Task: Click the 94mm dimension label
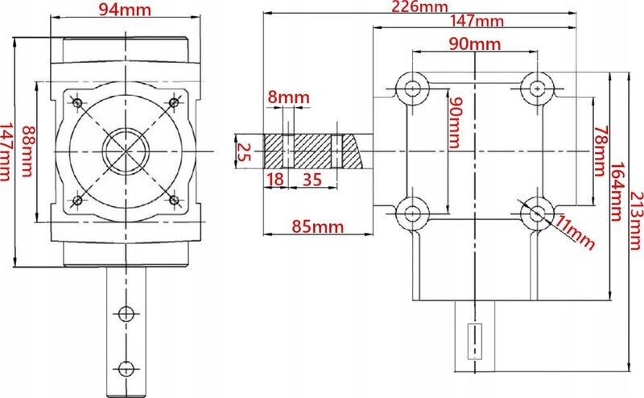(x=125, y=10)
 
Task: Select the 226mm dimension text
(x=419, y=6)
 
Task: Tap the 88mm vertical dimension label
(x=28, y=151)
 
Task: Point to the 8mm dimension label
(x=288, y=97)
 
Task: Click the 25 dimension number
(x=244, y=152)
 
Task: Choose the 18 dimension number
(x=275, y=180)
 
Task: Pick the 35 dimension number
(x=312, y=180)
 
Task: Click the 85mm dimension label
(x=317, y=226)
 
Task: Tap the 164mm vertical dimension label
(x=617, y=192)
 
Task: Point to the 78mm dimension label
(x=600, y=151)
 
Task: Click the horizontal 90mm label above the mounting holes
(x=475, y=44)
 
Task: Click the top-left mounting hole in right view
(x=412, y=88)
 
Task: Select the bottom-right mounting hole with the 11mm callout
(x=537, y=214)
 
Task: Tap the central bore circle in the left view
(x=126, y=151)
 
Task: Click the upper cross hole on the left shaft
(x=126, y=313)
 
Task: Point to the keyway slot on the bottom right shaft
(x=475, y=342)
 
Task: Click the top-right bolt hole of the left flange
(x=174, y=102)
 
